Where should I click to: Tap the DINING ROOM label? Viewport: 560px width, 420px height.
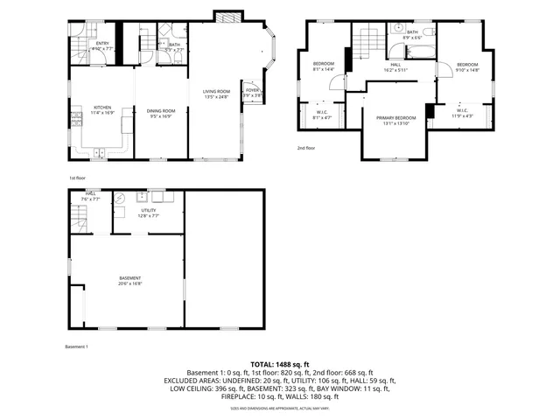161,109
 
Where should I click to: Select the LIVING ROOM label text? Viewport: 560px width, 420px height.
216,91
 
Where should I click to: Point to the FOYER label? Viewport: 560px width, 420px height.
252,90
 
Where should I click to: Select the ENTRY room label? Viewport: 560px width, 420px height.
102,44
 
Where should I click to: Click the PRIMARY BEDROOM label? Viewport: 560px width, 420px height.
395,117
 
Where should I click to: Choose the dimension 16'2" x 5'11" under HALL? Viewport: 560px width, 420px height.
395,69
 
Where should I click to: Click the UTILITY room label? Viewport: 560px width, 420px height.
148,210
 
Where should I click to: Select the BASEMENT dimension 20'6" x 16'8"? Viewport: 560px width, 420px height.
130,283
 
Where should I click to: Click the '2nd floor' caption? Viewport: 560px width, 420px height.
306,148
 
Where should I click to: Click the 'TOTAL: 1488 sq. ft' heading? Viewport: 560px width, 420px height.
280,363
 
